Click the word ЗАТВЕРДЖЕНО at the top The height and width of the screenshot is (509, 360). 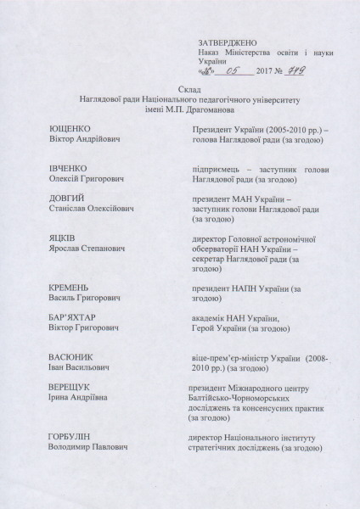pos(222,42)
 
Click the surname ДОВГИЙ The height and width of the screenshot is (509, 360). pos(68,199)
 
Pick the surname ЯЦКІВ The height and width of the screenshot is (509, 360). pos(66,240)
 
